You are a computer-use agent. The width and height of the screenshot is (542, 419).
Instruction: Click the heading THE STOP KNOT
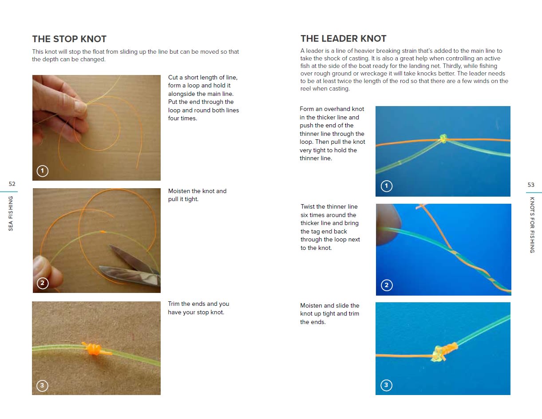pyautogui.click(x=69, y=39)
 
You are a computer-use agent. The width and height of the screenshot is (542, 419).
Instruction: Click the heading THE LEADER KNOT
pyautogui.click(x=343, y=39)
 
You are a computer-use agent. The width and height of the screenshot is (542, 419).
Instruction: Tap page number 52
pyautogui.click(x=12, y=184)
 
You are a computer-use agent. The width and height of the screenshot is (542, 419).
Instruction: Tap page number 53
pyautogui.click(x=531, y=185)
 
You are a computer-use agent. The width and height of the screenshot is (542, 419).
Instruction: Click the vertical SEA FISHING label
pyautogui.click(x=11, y=213)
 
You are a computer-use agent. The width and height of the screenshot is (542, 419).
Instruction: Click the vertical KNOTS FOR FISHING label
pyautogui.click(x=532, y=225)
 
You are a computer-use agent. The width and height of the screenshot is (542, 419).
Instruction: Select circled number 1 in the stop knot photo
pyautogui.click(x=42, y=171)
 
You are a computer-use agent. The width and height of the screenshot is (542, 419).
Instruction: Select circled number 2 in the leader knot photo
pyautogui.click(x=386, y=285)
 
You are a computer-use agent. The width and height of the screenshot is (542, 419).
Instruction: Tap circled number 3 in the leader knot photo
pyautogui.click(x=386, y=385)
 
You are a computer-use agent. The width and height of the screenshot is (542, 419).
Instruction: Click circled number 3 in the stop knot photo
pyautogui.click(x=42, y=385)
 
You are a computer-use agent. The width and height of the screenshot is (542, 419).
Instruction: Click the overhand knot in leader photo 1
pyautogui.click(x=442, y=139)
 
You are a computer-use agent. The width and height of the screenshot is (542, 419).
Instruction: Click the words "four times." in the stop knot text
pyautogui.click(x=182, y=119)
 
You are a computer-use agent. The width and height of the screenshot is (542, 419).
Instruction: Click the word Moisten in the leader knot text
pyautogui.click(x=311, y=305)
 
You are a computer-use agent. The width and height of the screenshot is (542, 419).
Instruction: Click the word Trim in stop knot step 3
pyautogui.click(x=174, y=304)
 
